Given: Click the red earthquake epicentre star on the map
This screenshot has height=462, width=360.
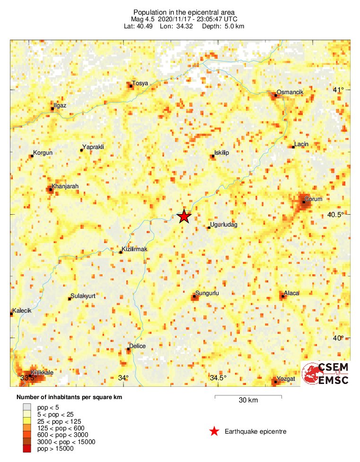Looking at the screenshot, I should [x=184, y=217].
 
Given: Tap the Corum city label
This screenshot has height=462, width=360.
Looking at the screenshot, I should [x=313, y=199].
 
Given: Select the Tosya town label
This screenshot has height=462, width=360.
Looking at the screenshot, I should [x=140, y=83].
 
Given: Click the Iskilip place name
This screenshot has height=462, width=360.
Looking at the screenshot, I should [x=222, y=153].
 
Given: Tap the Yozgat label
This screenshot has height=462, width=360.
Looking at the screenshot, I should [x=287, y=379].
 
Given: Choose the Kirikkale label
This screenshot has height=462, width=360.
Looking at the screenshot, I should [x=42, y=373].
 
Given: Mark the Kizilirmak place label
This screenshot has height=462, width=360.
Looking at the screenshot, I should [x=135, y=249].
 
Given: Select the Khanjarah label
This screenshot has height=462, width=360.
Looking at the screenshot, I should [x=65, y=186].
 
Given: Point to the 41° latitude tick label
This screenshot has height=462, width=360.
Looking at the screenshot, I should [x=338, y=90].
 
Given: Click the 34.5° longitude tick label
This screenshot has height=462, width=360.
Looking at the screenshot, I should [x=218, y=378].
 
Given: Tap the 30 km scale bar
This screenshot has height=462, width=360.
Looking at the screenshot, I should [x=248, y=396].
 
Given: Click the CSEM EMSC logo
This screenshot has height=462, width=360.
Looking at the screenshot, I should [x=326, y=374].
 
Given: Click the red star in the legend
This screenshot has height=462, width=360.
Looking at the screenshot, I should [x=214, y=431].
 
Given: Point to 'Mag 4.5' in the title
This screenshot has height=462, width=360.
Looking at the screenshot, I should [x=141, y=19].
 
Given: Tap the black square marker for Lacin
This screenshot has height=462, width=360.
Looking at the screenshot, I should [x=293, y=147].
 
